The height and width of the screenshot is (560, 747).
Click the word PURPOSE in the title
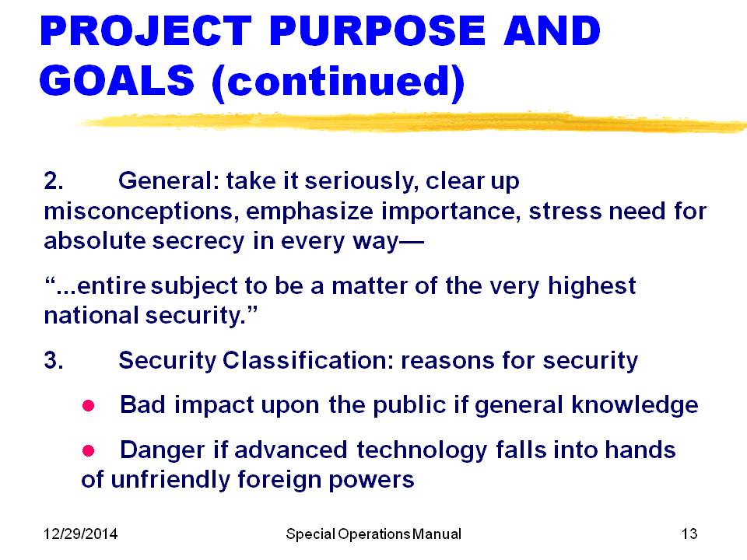pos(377,31)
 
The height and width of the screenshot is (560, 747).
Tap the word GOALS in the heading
pos(117,80)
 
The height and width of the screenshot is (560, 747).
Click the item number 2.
pos(54,181)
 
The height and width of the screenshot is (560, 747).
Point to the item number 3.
pos(54,360)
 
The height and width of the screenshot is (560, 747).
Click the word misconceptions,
pos(142,212)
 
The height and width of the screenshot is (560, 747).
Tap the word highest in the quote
pos(591,287)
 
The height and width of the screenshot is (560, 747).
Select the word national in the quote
pos(91,315)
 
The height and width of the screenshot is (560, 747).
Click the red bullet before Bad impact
pos(88,406)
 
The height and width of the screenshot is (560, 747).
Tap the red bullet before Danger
pos(88,450)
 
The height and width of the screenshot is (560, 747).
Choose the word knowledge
pos(635,406)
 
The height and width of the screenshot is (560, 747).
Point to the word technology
pos(422,451)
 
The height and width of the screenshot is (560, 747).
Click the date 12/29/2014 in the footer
pos(80,534)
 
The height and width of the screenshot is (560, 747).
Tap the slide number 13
pos(689,534)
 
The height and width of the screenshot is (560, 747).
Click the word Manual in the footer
pos(437,534)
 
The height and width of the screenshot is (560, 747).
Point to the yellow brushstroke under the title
pos(412,122)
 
